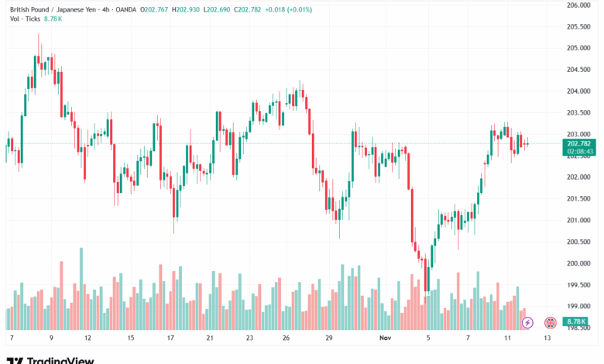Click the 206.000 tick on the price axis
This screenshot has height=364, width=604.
coord(578,5)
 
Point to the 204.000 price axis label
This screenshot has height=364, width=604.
coord(578,91)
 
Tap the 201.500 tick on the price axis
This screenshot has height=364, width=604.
coord(578,199)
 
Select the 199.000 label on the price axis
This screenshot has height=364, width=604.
coord(578,306)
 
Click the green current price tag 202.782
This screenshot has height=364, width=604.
coord(580,144)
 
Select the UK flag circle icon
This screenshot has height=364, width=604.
coord(551,322)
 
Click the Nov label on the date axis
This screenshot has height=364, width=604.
coord(386,338)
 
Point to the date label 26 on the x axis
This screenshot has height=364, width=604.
coord(286,338)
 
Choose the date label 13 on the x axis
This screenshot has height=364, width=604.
coord(547,338)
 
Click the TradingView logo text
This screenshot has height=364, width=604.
coord(60,360)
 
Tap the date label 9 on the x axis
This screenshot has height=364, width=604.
coord(51,338)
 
